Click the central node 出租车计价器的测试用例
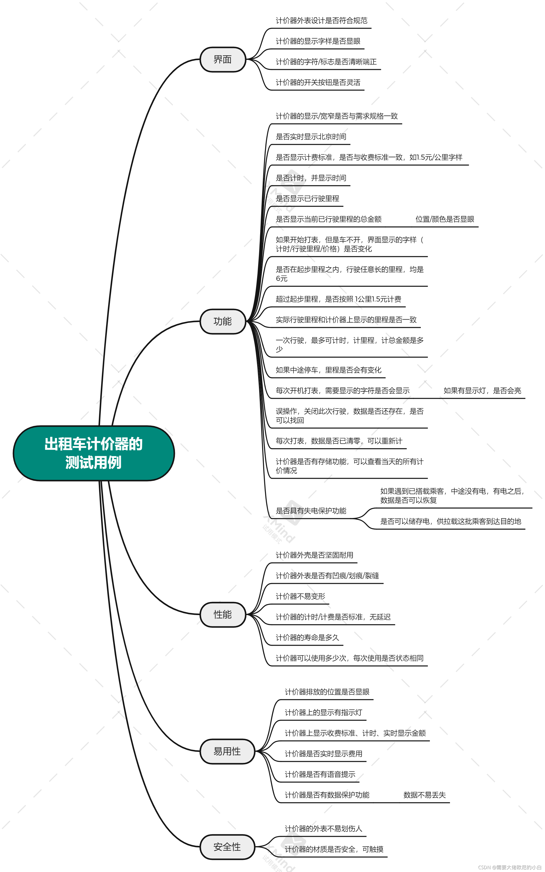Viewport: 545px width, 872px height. pos(94,453)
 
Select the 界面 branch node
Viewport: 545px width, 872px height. pos(222,60)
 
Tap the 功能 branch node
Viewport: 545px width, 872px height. pos(222,321)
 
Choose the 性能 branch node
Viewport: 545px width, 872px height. pos(222,614)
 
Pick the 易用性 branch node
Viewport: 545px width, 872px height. pos(227,751)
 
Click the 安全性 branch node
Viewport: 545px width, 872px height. pos(227,847)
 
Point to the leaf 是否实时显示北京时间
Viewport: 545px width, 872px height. pos(311,137)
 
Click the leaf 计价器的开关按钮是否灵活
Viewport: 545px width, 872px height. pos(318,82)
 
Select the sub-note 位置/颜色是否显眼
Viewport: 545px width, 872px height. pos(445,219)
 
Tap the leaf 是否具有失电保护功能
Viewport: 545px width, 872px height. pos(311,511)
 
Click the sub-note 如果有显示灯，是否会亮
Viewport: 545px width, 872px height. pos(482,390)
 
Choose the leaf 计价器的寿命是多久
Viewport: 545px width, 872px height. pos(307,637)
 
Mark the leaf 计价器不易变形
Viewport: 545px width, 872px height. pos(300,596)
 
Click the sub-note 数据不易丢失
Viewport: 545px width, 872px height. pos(425,795)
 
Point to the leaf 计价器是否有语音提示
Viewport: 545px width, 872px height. pos(320,774)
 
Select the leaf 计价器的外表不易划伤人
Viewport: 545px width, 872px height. pos(323,829)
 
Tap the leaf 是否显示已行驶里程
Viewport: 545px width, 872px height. pos(307,199)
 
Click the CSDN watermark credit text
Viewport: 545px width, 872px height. pos(509,867)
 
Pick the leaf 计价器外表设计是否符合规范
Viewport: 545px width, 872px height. pos(322,21)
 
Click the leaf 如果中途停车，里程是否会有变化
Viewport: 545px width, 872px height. pos(328,370)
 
